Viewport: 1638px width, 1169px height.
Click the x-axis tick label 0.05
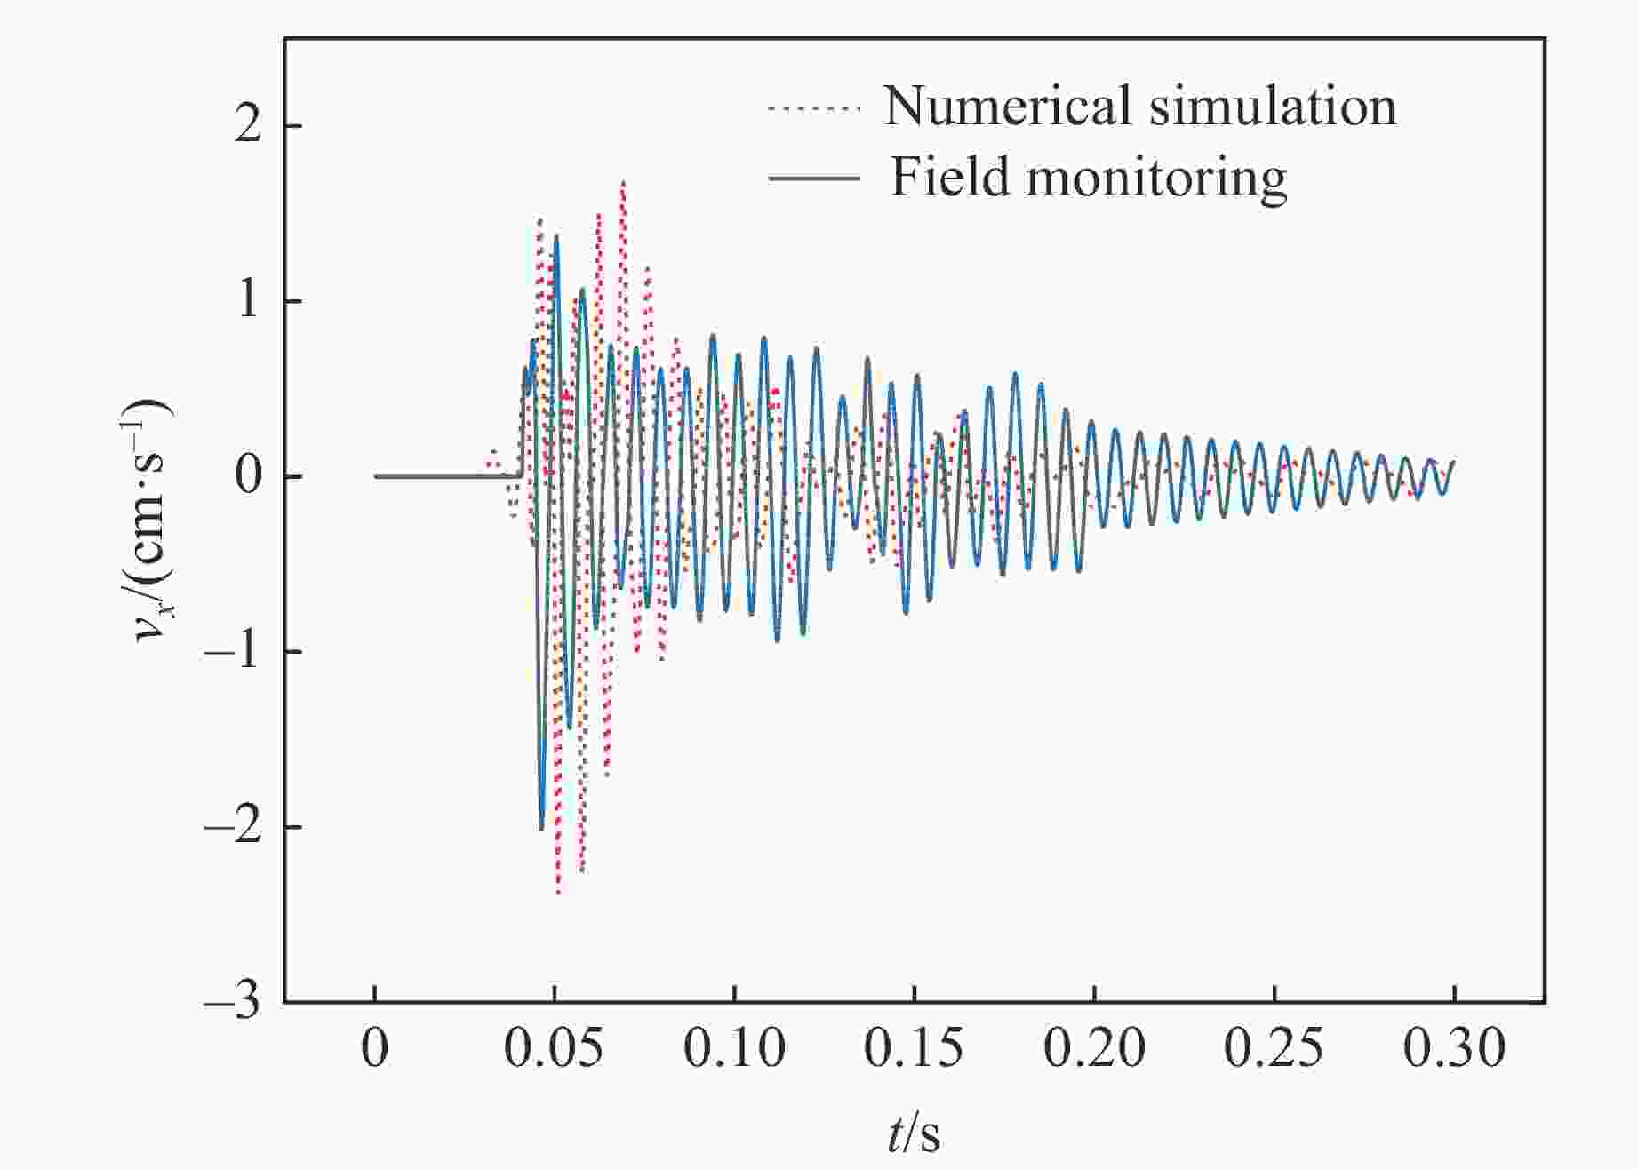[x=554, y=1050]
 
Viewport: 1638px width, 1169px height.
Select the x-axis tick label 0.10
[x=734, y=1050]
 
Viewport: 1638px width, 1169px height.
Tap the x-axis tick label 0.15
[x=914, y=1050]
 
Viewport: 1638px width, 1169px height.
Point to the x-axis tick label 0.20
[x=1094, y=1050]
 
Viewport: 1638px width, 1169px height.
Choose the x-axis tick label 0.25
[x=1274, y=1050]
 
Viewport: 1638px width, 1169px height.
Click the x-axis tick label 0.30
[x=1454, y=1050]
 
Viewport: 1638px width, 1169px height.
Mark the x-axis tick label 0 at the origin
[x=375, y=1050]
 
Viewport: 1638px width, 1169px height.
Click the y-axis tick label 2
[x=248, y=126]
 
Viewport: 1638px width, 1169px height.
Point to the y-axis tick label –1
[x=233, y=653]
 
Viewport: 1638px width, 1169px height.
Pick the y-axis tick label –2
[x=233, y=828]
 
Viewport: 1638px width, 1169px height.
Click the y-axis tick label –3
[x=233, y=1003]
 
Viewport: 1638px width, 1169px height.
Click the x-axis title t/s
[x=914, y=1133]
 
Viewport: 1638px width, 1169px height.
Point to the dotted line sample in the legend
[x=814, y=108]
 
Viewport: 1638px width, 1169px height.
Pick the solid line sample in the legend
[x=814, y=179]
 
